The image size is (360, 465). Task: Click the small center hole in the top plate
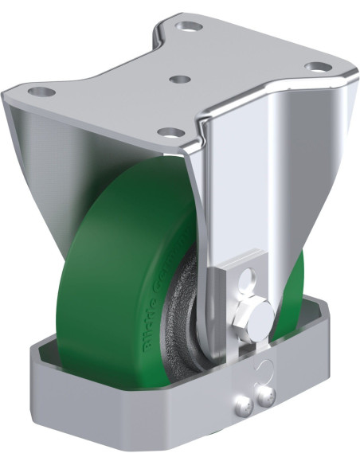click(x=180, y=80)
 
